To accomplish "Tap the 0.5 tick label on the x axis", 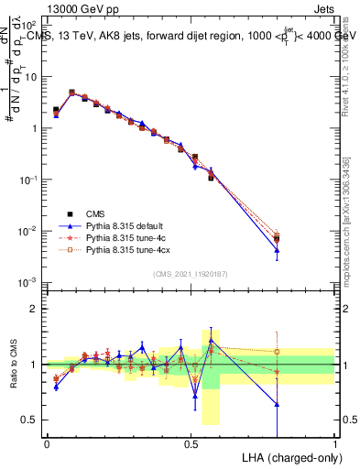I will (191, 443).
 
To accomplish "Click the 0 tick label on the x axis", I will (47, 443).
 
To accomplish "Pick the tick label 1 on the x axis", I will (335, 443).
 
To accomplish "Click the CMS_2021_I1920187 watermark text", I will (191, 274).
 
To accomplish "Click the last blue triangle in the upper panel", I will (277, 250).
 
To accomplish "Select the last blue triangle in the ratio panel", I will (277, 404).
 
